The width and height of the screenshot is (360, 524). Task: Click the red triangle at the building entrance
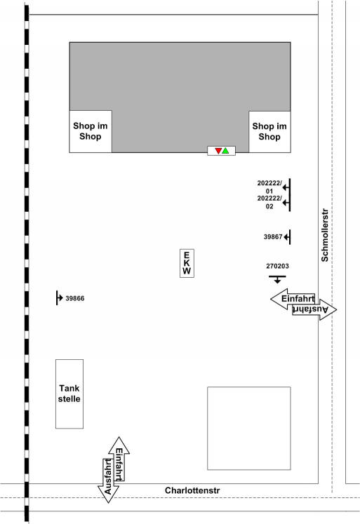(x=218, y=151)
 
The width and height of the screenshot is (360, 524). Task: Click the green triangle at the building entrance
(x=226, y=151)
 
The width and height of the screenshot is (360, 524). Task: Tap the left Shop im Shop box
(x=91, y=131)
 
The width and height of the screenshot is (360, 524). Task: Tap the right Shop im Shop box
(x=269, y=132)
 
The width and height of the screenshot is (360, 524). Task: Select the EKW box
(x=187, y=263)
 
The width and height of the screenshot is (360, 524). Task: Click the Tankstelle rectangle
(x=69, y=394)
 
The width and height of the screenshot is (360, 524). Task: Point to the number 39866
(x=75, y=298)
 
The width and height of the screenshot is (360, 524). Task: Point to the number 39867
(x=273, y=237)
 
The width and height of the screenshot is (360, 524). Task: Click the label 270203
(x=277, y=267)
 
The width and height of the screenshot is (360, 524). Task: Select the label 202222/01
(x=269, y=187)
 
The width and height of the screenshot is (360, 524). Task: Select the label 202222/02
(x=269, y=202)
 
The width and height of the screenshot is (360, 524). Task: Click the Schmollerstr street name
(x=325, y=235)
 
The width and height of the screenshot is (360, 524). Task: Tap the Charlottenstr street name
(x=192, y=490)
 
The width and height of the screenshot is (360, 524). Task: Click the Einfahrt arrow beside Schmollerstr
(x=293, y=299)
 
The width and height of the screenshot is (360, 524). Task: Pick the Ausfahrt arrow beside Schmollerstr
(x=314, y=309)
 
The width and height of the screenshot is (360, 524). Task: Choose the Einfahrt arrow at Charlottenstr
(x=119, y=459)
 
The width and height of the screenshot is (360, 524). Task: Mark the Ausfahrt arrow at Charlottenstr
(x=108, y=481)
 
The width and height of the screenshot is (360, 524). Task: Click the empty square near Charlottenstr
(x=249, y=429)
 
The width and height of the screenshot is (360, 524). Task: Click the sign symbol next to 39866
(x=59, y=297)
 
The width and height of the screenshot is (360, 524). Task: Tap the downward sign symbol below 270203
(x=277, y=279)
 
